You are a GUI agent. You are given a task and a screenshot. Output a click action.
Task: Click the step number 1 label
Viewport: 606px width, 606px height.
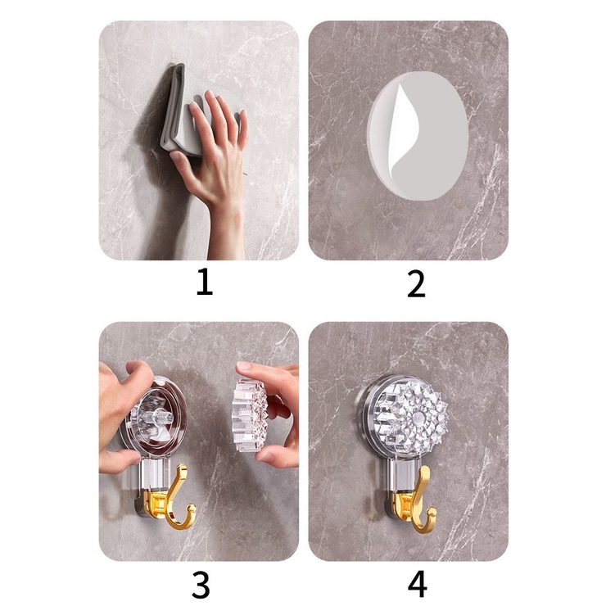(205, 283)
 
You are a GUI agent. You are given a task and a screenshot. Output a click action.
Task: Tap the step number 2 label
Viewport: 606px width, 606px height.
(416, 283)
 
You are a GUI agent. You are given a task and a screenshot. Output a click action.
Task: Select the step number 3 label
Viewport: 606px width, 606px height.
(201, 585)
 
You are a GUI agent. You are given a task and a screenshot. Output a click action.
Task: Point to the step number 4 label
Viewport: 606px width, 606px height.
(418, 585)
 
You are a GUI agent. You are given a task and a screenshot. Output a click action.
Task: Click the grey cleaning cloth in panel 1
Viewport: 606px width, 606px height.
(182, 112)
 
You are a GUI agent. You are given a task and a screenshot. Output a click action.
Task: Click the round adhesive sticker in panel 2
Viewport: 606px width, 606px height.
(418, 136)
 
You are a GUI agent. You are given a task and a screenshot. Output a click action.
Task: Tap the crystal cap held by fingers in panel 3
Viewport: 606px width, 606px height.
(250, 415)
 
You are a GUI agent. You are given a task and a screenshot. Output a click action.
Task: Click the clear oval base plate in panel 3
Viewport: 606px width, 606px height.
(154, 418)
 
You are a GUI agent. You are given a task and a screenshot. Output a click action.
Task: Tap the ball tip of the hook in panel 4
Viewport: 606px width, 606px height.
(432, 513)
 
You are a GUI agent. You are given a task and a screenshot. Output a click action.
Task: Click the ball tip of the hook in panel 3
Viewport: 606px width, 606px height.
(192, 509)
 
